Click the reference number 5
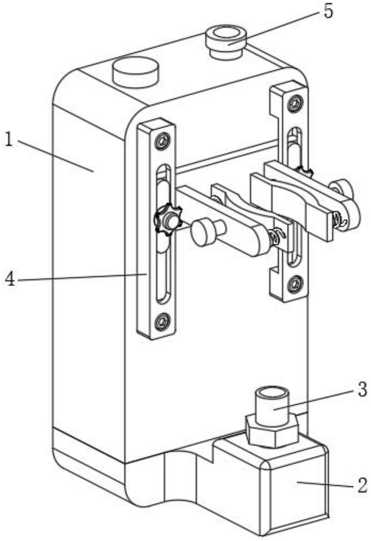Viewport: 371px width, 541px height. (x=328, y=11)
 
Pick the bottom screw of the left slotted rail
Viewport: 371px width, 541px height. (x=162, y=320)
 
